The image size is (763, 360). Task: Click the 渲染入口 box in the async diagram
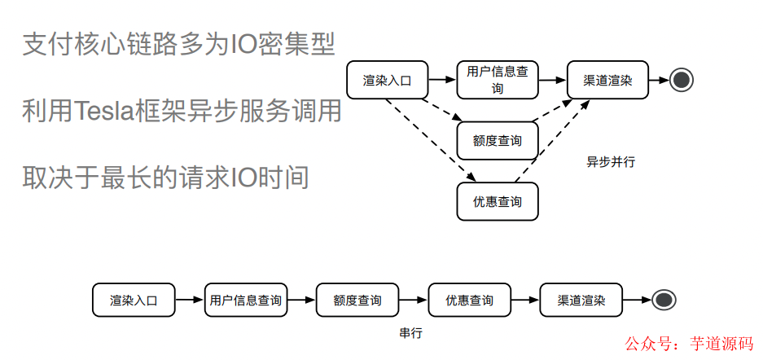(x=388, y=80)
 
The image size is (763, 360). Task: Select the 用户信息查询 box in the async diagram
(x=498, y=80)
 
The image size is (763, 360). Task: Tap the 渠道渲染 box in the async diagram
(x=607, y=80)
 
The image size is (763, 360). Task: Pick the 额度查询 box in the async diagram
(x=498, y=141)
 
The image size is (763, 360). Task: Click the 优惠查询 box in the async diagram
(x=498, y=201)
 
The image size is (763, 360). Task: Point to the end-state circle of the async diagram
(x=682, y=80)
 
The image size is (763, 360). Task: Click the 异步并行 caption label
(x=611, y=161)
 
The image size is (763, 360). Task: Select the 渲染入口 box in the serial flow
(x=134, y=300)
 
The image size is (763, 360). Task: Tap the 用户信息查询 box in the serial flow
(x=246, y=300)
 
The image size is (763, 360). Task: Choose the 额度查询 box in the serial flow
(x=357, y=300)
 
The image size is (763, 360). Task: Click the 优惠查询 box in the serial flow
(x=469, y=300)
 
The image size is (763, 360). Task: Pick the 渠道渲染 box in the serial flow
(x=581, y=300)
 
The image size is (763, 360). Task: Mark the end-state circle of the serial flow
(x=664, y=300)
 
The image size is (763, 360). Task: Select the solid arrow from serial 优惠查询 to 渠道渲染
(x=525, y=300)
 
